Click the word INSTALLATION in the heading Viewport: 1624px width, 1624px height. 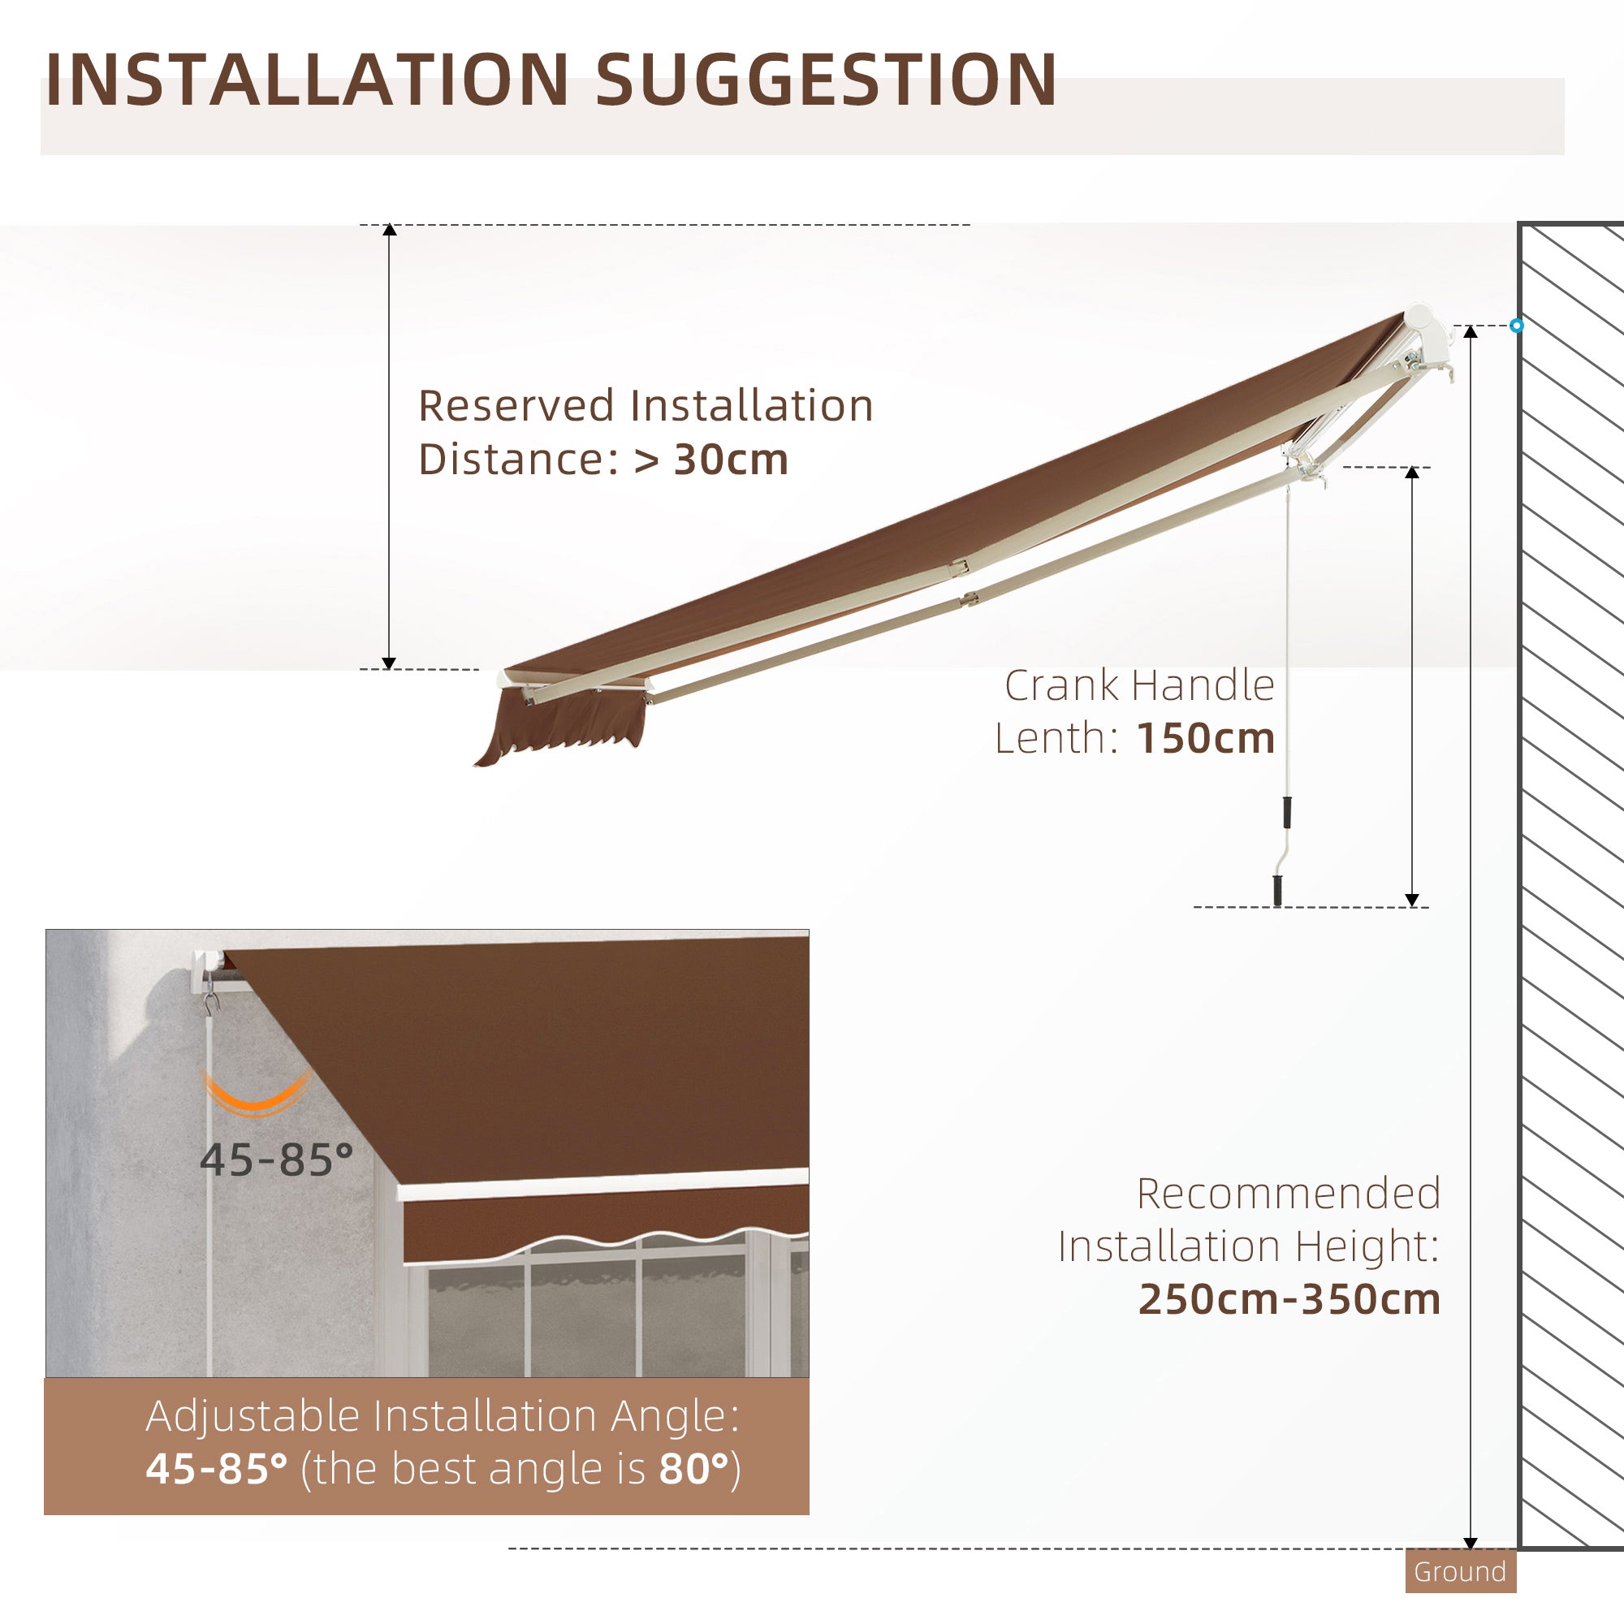click(x=307, y=80)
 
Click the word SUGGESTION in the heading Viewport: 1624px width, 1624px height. click(x=826, y=80)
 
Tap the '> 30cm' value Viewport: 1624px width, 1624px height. click(x=711, y=460)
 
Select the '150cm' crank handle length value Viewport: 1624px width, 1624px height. click(x=1205, y=739)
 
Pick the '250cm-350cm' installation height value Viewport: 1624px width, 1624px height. click(x=1289, y=1299)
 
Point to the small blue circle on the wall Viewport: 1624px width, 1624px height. click(x=1516, y=326)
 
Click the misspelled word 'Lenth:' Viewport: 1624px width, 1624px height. click(x=1056, y=739)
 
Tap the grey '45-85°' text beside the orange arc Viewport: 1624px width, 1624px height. click(x=277, y=1161)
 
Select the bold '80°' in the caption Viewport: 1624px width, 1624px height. click(x=694, y=1470)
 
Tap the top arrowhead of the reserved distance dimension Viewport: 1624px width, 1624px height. click(x=389, y=230)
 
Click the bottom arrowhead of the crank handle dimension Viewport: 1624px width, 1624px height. click(x=1412, y=901)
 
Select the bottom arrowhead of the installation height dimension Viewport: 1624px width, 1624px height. click(x=1471, y=1543)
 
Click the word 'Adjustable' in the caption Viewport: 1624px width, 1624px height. click(x=253, y=1416)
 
